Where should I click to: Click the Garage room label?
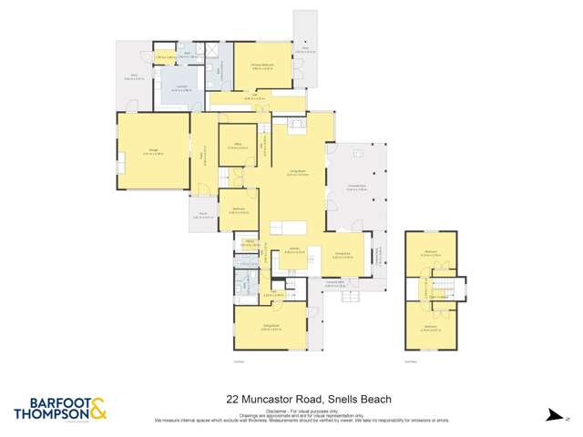pos(151,152)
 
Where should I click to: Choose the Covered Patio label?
pos(356,188)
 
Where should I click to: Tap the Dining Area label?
pos(343,257)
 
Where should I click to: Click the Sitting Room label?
pos(270,330)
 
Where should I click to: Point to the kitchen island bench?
pos(287,228)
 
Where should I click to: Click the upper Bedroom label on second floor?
pos(432,255)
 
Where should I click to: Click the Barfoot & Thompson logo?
pos(60,409)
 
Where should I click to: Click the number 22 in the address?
pos(232,399)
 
